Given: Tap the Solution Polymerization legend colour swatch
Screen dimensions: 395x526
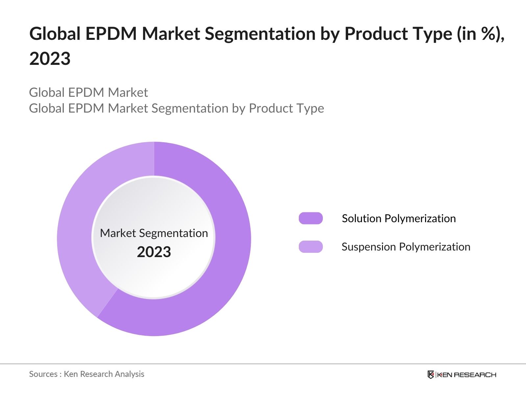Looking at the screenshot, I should click(311, 218).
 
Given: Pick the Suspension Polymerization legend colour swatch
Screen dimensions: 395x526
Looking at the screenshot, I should click(311, 247).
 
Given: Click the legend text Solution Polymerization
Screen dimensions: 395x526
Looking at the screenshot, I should click(399, 219).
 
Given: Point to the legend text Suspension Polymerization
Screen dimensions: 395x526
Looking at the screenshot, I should click(406, 247).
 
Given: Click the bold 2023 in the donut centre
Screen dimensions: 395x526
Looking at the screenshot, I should click(154, 252).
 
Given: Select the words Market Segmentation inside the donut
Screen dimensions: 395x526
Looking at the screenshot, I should click(154, 233).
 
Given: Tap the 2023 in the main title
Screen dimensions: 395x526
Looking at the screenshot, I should click(50, 59).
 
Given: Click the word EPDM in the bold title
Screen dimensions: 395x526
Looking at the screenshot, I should click(111, 34).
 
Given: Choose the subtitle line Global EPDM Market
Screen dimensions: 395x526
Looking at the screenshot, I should click(88, 92).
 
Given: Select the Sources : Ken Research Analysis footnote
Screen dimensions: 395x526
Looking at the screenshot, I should click(87, 374).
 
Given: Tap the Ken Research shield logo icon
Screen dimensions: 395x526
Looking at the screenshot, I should click(431, 375).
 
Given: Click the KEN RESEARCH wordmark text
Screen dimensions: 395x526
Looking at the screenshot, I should click(466, 375).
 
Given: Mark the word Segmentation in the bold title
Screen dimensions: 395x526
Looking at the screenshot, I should click(260, 34).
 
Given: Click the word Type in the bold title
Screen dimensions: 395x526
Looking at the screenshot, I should click(432, 34).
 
